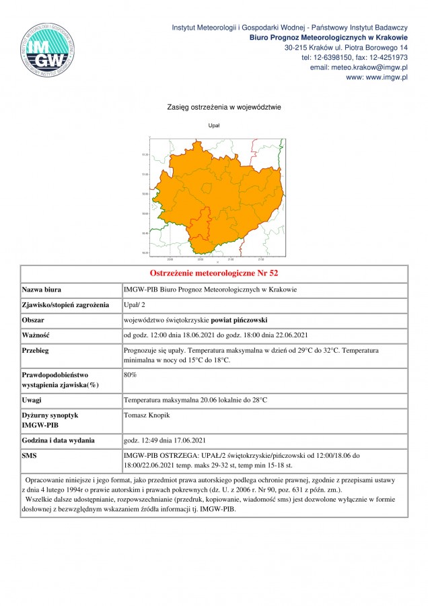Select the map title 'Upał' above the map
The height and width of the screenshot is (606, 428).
coord(214,125)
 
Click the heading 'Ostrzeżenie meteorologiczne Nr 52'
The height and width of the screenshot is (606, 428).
coord(213,273)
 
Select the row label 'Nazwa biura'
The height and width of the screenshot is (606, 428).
coord(42,290)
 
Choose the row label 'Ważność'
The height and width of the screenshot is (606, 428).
coord(37,335)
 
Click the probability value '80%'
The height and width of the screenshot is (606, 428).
coord(131,373)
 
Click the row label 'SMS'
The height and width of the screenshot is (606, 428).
coord(31,455)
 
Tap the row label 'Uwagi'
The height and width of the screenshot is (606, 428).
coord(33,401)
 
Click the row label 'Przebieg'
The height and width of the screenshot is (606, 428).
coord(36,350)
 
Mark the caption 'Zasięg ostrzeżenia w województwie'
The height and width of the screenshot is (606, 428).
coord(214,107)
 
